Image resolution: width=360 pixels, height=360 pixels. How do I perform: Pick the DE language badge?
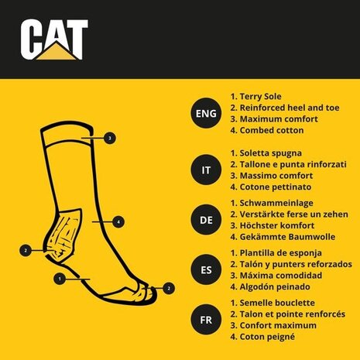pyautogui.click(x=206, y=220)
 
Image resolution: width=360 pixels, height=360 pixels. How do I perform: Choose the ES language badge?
pyautogui.click(x=206, y=270)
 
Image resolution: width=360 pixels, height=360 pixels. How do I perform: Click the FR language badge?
pyautogui.click(x=206, y=319)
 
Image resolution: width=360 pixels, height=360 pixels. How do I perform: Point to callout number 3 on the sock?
pyautogui.click(x=111, y=139)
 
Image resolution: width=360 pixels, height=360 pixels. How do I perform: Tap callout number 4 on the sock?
pyautogui.click(x=118, y=222)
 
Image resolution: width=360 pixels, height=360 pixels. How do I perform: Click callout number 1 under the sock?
pyautogui.click(x=60, y=276)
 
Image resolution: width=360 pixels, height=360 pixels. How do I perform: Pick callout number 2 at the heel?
pyautogui.click(x=26, y=250)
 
